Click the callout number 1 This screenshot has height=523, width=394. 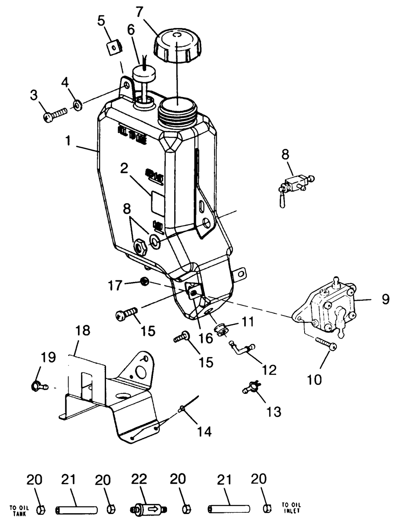tap(69, 141)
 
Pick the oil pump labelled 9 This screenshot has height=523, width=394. tap(332, 306)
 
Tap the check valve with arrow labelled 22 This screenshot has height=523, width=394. tap(150, 509)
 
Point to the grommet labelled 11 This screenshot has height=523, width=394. tap(222, 330)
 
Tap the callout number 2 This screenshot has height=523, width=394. tap(125, 169)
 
